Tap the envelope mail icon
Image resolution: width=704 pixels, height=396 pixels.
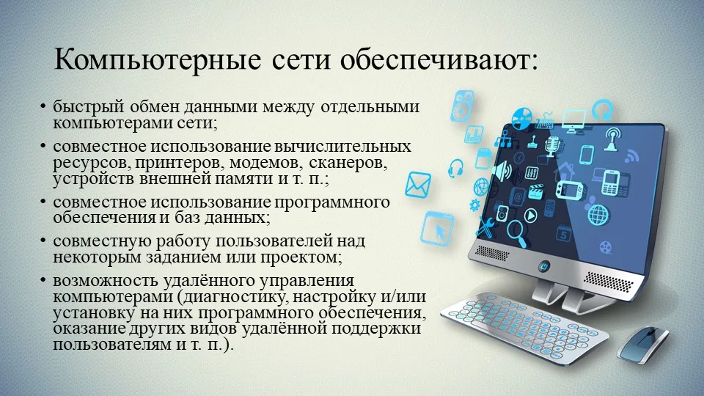tap(418, 185)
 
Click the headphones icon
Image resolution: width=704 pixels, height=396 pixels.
tap(455, 168)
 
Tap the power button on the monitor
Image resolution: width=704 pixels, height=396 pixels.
tap(544, 265)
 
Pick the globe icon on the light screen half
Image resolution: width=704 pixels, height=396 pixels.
tap(598, 215)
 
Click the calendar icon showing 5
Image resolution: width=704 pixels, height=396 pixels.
tap(564, 235)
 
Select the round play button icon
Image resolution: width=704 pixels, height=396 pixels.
tap(530, 216)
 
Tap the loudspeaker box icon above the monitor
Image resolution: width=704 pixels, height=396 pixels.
tap(462, 106)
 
